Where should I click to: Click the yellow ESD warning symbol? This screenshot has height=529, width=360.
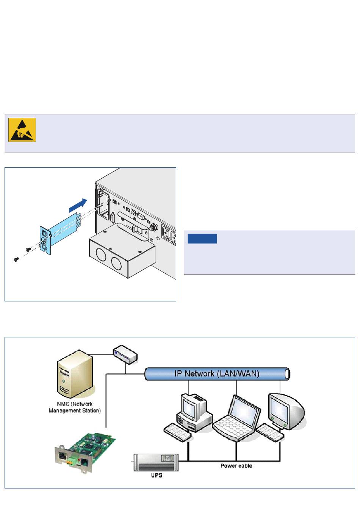(22, 130)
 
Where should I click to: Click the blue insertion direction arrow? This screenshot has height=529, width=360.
(78, 206)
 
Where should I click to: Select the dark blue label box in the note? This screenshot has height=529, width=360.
(202, 239)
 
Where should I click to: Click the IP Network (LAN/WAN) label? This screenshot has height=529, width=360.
(216, 374)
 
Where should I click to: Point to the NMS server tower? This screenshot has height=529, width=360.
(75, 373)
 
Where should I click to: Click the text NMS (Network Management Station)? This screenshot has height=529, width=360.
(75, 407)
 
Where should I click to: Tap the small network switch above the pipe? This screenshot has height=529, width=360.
(125, 354)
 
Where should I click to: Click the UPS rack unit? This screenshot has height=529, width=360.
(156, 462)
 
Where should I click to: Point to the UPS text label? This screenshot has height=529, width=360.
(157, 475)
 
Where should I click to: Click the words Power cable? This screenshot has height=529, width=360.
(236, 466)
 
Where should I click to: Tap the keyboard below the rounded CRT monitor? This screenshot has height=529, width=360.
(270, 433)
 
